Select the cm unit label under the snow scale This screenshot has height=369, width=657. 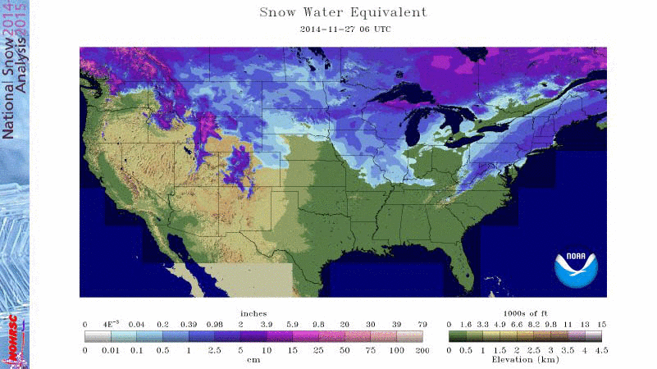coord(254,360)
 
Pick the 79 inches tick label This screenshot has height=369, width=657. coord(422,324)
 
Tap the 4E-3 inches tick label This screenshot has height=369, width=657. coord(112,324)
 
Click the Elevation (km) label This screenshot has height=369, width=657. coord(526,360)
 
